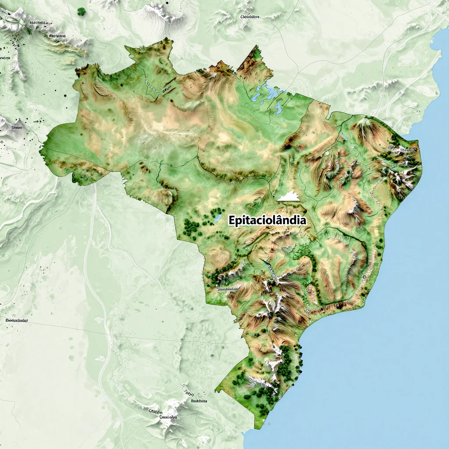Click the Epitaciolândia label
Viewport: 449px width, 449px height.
(267, 220)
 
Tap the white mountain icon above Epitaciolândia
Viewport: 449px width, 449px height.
(288, 197)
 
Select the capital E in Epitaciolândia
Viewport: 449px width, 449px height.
(232, 221)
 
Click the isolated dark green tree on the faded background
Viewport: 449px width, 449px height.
(81, 12)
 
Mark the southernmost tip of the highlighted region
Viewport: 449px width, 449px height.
(256, 428)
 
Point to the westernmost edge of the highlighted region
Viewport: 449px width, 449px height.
(40, 151)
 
